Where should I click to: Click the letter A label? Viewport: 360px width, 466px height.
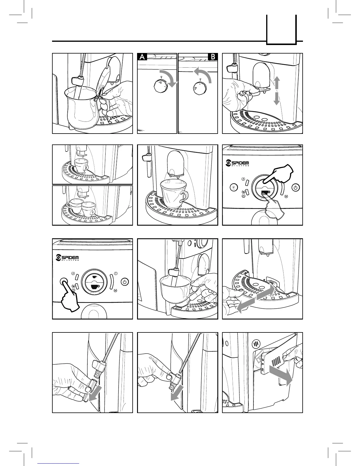click(143, 57)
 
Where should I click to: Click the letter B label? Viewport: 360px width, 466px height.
click(213, 57)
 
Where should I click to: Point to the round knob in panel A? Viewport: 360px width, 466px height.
click(160, 87)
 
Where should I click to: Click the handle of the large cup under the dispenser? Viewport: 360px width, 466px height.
click(185, 197)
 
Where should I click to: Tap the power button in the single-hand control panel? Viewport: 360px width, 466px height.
click(125, 282)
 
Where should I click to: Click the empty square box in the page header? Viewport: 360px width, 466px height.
click(281, 29)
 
